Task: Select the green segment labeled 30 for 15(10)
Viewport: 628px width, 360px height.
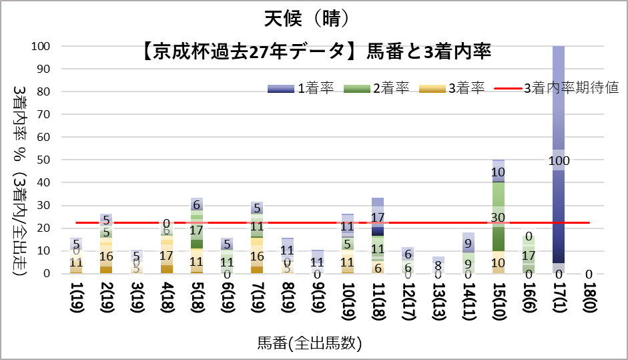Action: (498, 216)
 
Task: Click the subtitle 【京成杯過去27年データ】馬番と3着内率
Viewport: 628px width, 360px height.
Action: (316, 51)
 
